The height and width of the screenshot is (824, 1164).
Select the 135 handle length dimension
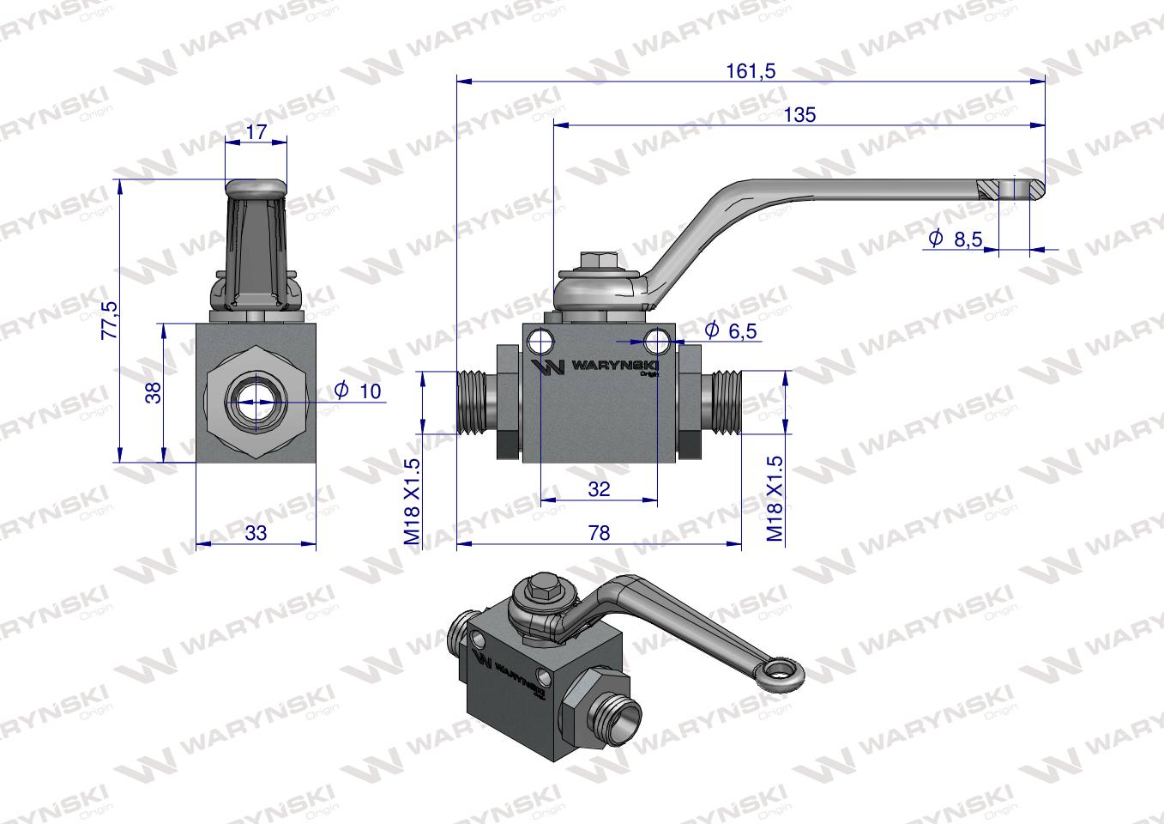(799, 114)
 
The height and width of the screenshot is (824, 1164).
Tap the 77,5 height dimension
(108, 320)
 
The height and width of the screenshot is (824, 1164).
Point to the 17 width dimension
(256, 132)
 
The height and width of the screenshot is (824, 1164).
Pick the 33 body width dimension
(256, 533)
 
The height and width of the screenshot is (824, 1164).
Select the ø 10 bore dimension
(358, 391)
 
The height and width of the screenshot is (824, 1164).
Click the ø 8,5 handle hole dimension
(956, 239)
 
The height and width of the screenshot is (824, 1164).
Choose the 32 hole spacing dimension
(599, 488)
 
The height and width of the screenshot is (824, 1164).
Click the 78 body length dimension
(599, 533)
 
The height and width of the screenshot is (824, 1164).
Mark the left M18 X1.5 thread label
(412, 501)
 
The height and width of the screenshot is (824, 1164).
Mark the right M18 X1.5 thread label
(775, 499)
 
